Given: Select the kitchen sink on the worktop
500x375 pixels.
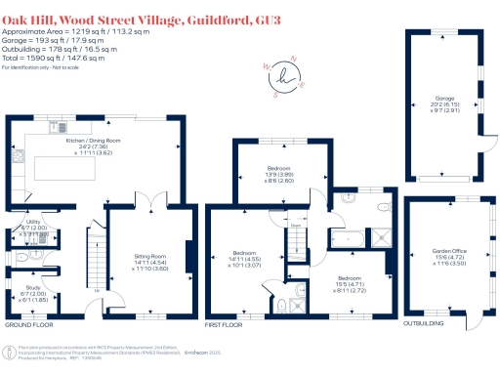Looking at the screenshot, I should click(62, 126).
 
